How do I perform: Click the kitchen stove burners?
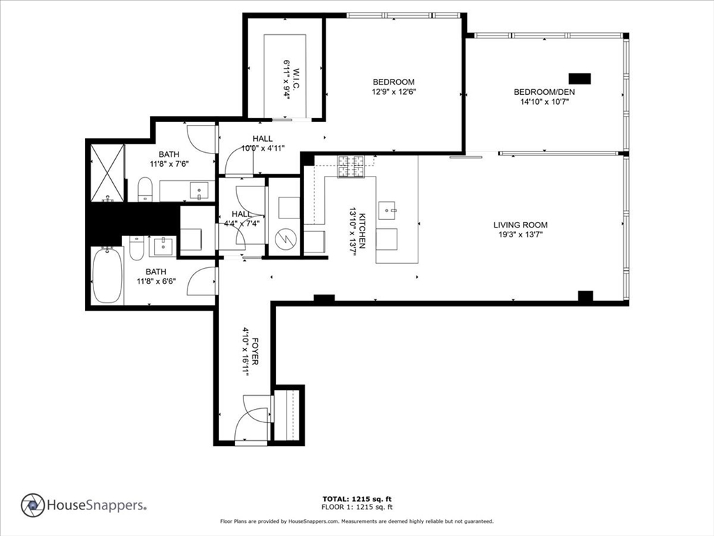(x=352, y=165)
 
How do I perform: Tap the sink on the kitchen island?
(x=387, y=209)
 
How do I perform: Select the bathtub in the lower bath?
(x=107, y=276)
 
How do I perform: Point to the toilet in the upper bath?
(x=145, y=189)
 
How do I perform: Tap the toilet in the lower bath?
(x=137, y=248)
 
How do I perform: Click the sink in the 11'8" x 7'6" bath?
(x=199, y=191)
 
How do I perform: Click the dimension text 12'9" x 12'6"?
(x=393, y=91)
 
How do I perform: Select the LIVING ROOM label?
(x=520, y=225)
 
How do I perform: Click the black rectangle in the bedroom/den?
(x=580, y=78)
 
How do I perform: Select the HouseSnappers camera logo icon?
(x=33, y=505)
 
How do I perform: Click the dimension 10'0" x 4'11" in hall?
(x=263, y=148)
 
